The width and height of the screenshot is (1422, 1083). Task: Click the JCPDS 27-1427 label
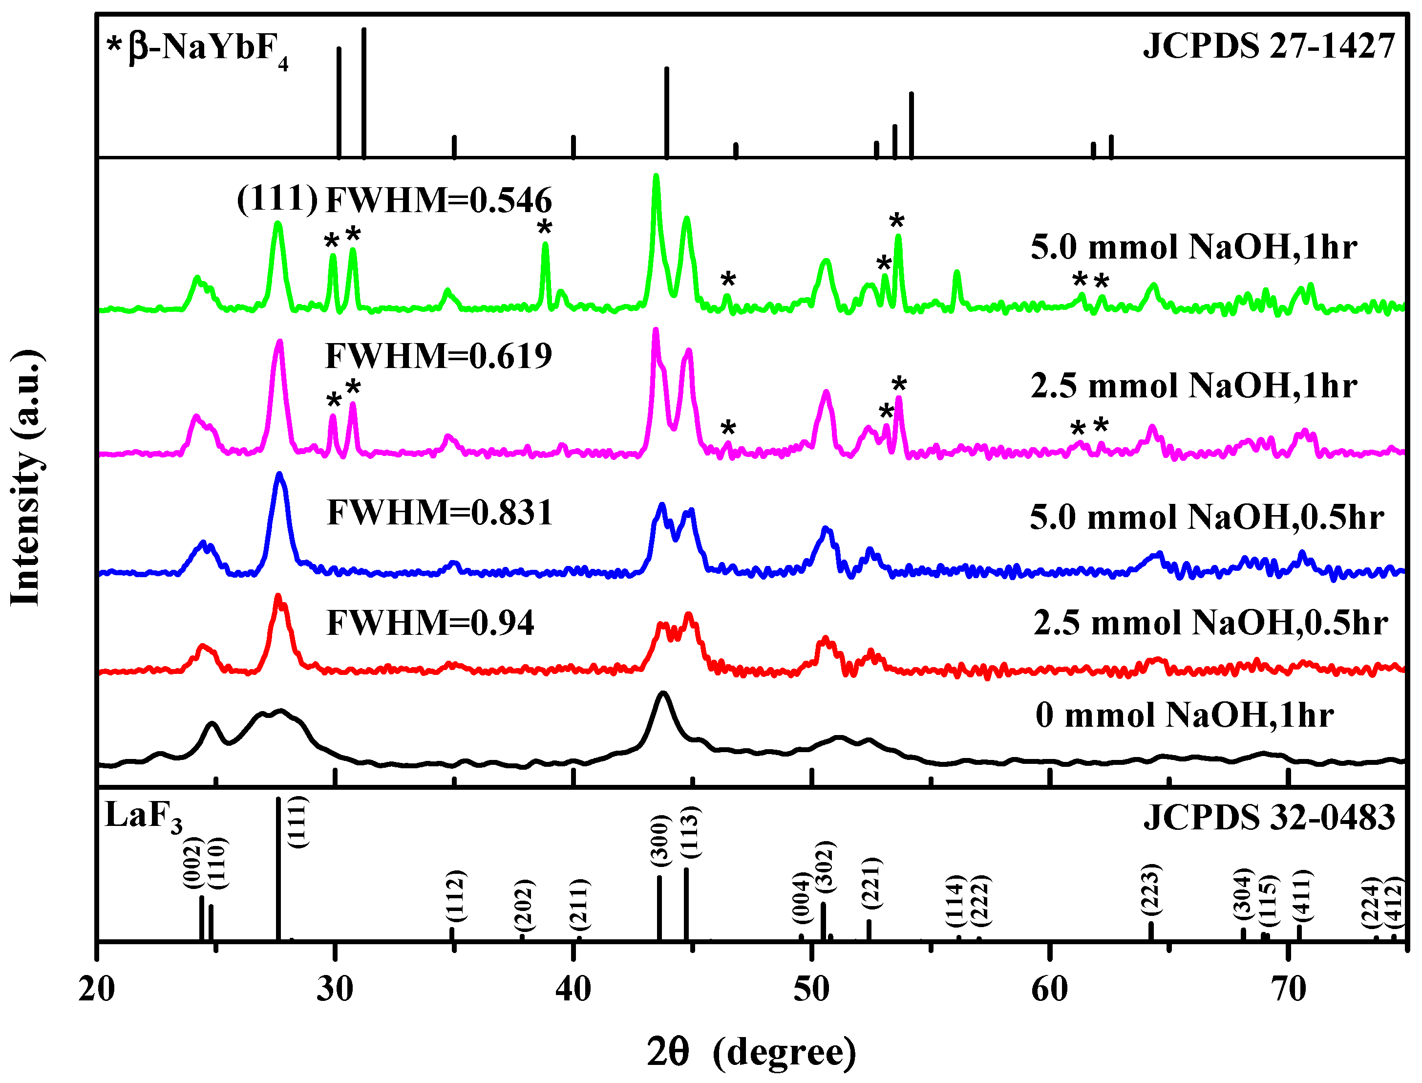[x=1268, y=46]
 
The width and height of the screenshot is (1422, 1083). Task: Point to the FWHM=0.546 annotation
[x=439, y=200]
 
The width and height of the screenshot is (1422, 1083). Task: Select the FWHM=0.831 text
[x=440, y=513]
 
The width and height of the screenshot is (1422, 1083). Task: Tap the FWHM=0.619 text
[x=439, y=356]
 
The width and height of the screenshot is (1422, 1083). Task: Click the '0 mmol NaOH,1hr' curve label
[x=1184, y=715]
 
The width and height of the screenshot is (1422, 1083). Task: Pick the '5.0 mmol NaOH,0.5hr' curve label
[x=1207, y=517]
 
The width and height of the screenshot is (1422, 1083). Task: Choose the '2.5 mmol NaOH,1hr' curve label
[x=1193, y=386]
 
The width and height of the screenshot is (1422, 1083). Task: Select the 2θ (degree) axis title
[x=751, y=1052]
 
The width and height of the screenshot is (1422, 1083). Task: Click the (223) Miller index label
[x=1151, y=889]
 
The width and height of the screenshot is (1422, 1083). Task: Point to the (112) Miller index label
[x=456, y=896]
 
